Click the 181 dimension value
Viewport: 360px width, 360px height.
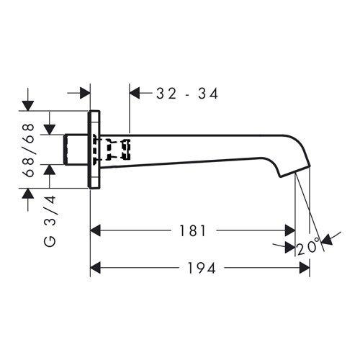click(x=192, y=230)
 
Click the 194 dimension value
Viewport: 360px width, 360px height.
click(x=202, y=268)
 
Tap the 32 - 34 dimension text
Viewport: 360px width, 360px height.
click(x=187, y=94)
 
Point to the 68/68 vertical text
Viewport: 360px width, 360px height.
click(x=30, y=150)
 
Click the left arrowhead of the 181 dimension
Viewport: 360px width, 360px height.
click(x=95, y=230)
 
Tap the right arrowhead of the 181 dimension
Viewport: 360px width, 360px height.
click(x=289, y=230)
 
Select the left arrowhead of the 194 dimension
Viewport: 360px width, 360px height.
click(x=95, y=268)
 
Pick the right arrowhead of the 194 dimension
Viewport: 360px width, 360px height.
click(x=305, y=268)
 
